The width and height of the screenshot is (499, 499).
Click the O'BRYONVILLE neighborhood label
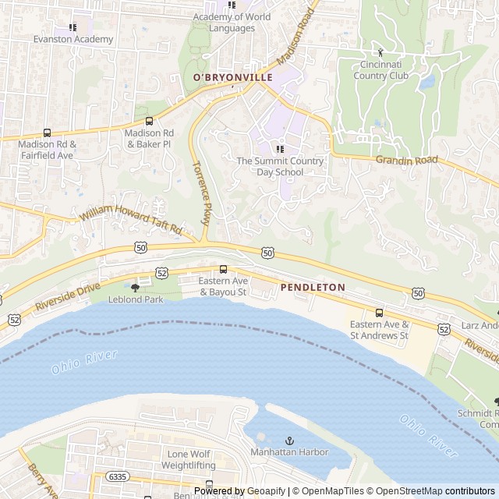(233, 77)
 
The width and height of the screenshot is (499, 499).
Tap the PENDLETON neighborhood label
(312, 287)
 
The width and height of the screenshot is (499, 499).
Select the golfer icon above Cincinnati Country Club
(380, 52)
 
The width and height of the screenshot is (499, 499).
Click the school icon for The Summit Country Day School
(280, 149)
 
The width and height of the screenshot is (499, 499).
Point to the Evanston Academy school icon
(73, 27)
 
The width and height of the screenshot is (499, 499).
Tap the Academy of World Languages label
(232, 23)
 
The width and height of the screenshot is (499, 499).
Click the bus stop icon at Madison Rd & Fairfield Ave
(47, 133)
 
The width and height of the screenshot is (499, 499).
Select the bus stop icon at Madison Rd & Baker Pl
(149, 121)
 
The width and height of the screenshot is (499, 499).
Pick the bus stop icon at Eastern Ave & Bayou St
(223, 269)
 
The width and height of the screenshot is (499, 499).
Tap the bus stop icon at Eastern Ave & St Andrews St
(379, 313)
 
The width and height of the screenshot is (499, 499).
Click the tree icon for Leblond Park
(136, 287)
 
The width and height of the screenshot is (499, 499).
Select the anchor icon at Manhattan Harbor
(289, 441)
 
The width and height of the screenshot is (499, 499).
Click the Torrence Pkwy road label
(200, 193)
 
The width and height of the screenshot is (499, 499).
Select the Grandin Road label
(407, 161)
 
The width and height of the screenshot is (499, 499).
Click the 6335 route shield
(118, 476)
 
